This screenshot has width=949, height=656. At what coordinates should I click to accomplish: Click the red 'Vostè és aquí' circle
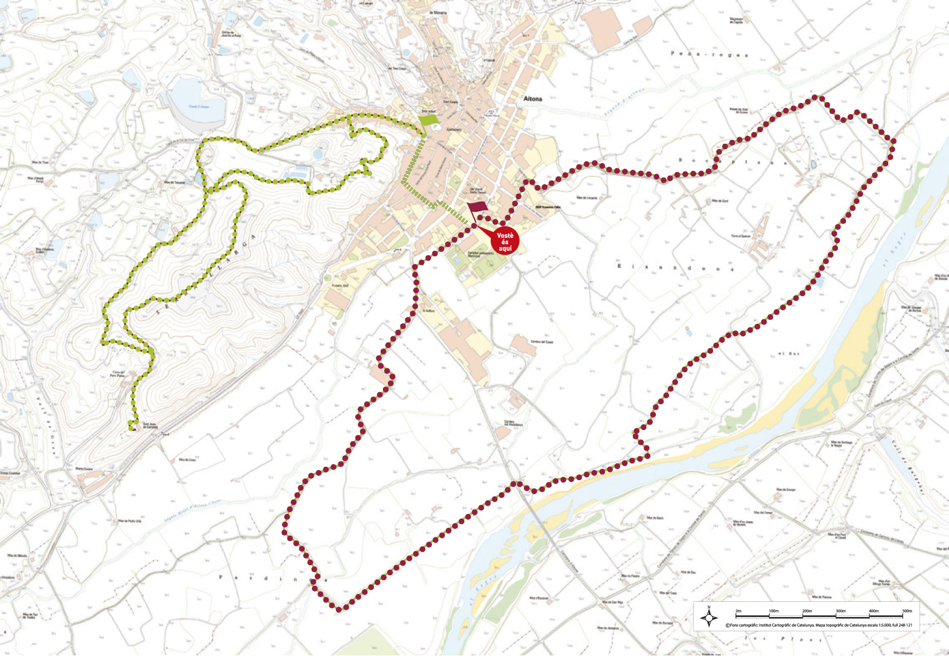point(505,242)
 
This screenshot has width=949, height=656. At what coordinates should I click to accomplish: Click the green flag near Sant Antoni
point(428,120)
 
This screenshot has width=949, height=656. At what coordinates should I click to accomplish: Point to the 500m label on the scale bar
point(907,611)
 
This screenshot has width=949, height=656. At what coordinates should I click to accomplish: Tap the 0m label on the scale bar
point(738,611)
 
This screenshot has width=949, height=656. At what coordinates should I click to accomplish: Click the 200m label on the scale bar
point(807,611)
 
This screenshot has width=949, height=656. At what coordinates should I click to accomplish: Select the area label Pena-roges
point(709,54)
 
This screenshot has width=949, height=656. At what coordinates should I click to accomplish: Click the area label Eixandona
point(675,267)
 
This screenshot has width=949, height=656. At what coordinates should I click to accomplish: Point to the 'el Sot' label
point(789,353)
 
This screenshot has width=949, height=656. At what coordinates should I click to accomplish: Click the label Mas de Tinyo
point(40,162)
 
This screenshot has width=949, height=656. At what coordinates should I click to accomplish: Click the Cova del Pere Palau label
point(117,374)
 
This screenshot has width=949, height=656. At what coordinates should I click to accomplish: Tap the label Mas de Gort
point(720,201)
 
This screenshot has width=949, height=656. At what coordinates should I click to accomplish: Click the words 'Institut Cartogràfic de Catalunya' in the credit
point(779,625)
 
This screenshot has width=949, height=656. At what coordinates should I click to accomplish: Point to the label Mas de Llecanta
point(587,197)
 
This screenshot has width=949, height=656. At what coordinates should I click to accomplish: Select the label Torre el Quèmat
point(741,236)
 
